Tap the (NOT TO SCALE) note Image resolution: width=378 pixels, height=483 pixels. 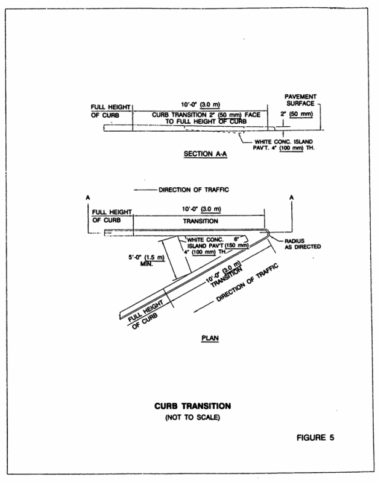(190, 418)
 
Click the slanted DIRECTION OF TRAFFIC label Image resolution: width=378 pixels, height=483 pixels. (240, 283)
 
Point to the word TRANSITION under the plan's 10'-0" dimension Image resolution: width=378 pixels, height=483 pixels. (198, 221)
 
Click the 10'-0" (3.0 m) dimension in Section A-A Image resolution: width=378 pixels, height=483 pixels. (199, 104)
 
